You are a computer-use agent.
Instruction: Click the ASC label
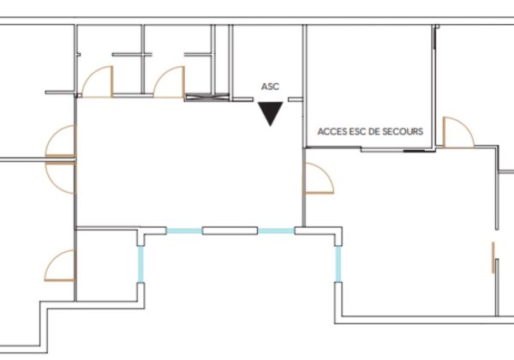click(x=270, y=87)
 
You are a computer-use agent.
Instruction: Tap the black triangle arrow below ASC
click(x=270, y=111)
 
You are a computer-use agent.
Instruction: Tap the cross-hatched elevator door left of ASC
click(x=206, y=97)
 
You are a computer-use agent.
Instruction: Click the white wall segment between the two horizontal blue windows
click(x=230, y=231)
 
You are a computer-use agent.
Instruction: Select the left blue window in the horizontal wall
click(x=184, y=231)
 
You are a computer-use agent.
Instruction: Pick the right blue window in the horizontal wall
click(x=276, y=231)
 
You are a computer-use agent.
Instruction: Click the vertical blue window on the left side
click(x=140, y=264)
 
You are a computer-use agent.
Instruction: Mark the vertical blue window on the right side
click(x=338, y=264)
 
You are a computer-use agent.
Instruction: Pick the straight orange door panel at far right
click(x=493, y=258)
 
